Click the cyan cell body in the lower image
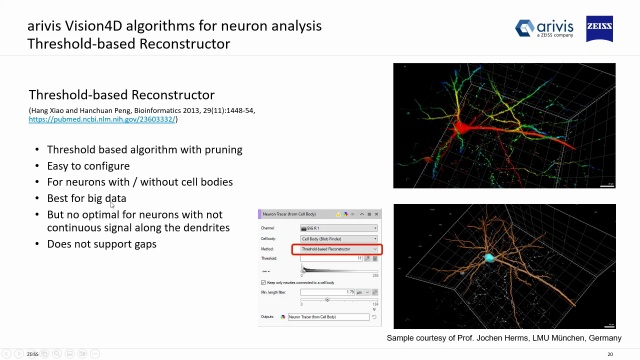pyautogui.click(x=492, y=258)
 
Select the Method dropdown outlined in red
pyautogui.click(x=336, y=248)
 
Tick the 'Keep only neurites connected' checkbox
pyautogui.click(x=264, y=282)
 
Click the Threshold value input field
pyautogui.click(x=325, y=258)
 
